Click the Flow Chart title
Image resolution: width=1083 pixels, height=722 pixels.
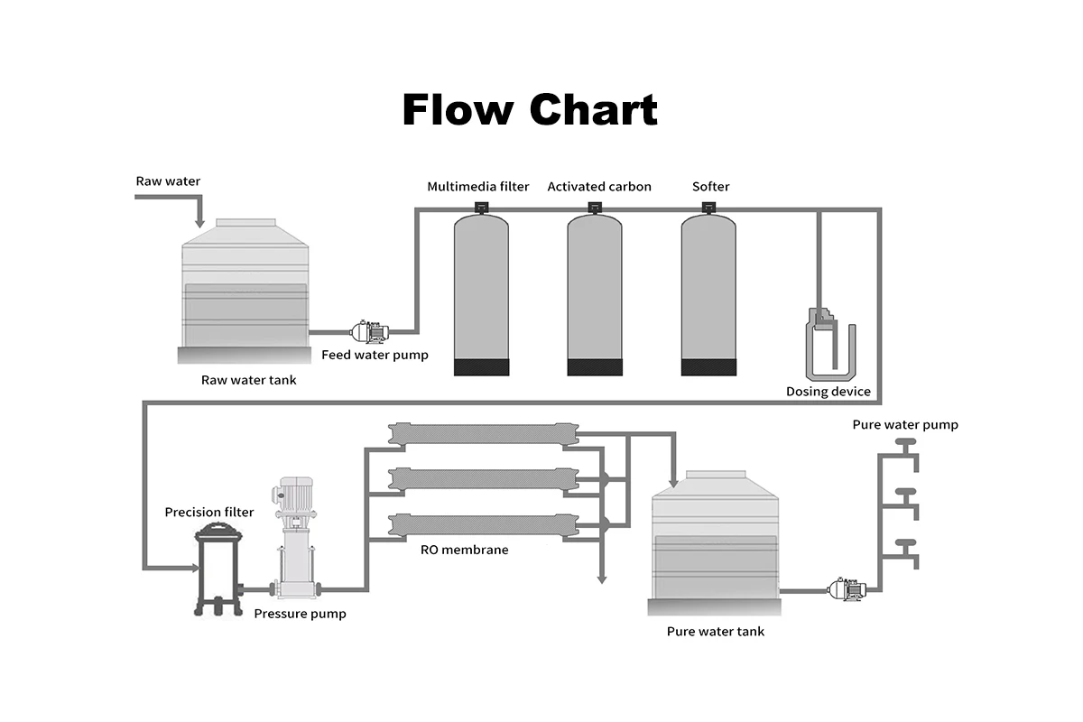point(530,110)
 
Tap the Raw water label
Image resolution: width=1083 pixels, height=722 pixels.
point(168,181)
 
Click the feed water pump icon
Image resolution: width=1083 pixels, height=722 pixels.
point(370,331)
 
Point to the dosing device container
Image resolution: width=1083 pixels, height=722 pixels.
point(830,345)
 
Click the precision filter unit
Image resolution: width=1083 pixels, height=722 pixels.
point(218,571)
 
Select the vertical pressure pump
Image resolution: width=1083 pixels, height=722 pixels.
point(296,537)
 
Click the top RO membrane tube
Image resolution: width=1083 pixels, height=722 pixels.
point(484,434)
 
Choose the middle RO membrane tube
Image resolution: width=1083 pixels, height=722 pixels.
point(484,478)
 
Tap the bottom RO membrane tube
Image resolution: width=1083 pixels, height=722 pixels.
point(484,524)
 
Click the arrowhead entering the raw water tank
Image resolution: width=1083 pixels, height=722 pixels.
point(199,223)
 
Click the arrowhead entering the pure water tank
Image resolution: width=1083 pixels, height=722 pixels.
point(673,483)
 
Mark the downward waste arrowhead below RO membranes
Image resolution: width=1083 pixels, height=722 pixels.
point(602,579)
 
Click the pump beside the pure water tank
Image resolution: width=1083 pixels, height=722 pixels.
point(847,589)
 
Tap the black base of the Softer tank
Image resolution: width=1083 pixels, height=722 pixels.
point(708,367)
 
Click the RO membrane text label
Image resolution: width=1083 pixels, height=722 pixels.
point(465,550)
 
